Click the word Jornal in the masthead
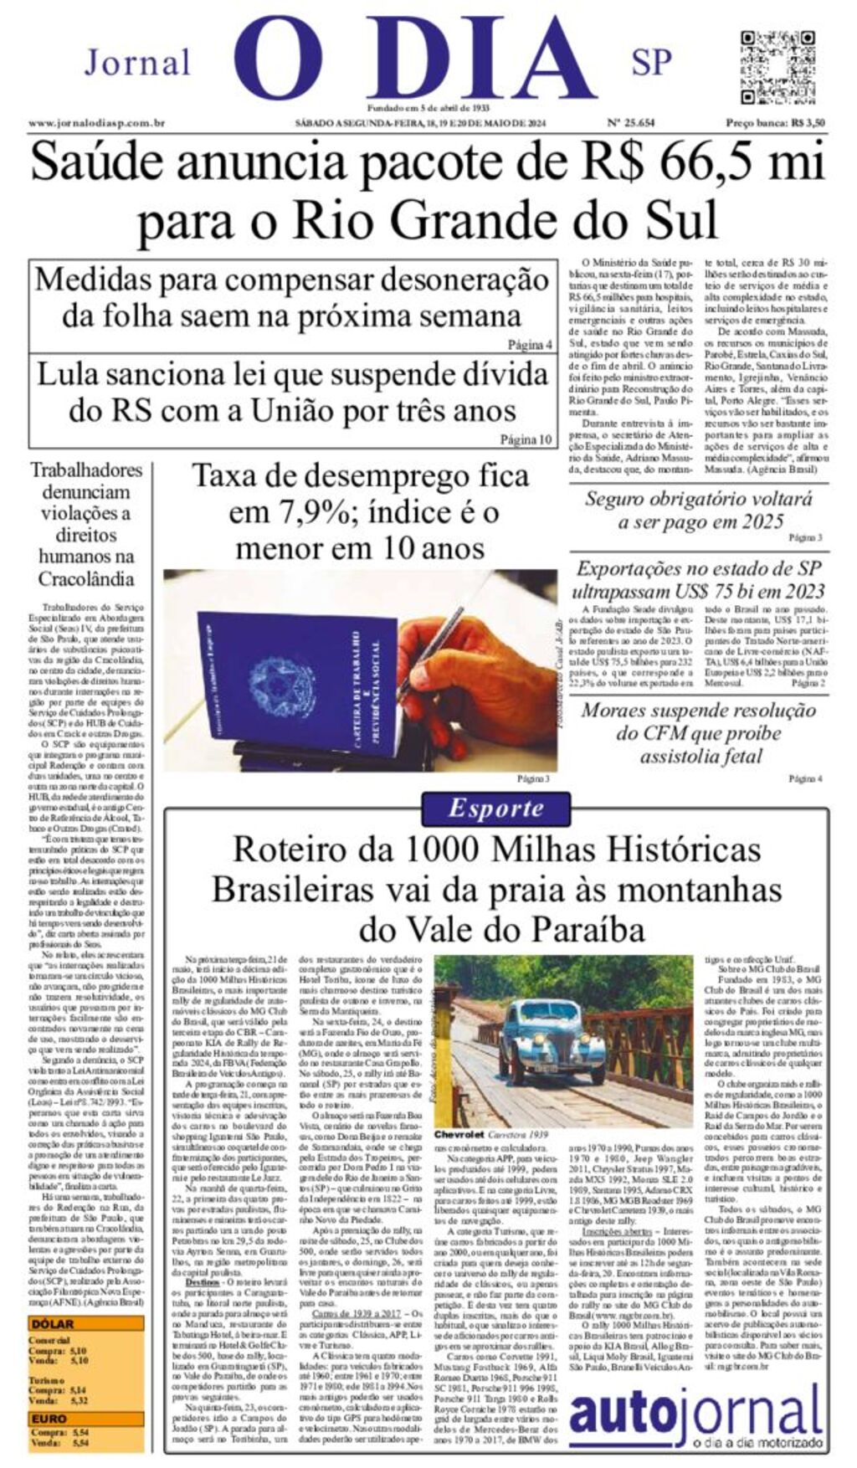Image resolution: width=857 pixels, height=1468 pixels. [x=137, y=63]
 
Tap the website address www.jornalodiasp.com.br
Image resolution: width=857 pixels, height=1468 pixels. [x=96, y=123]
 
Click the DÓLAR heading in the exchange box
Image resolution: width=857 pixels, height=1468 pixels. [x=53, y=1324]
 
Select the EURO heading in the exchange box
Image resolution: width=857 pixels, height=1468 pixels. [x=49, y=1419]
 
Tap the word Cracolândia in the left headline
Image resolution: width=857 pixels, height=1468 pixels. [x=86, y=578]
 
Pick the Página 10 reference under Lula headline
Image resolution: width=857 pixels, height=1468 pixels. [x=526, y=439]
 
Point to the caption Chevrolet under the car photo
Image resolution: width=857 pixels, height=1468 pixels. [x=459, y=1134]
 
